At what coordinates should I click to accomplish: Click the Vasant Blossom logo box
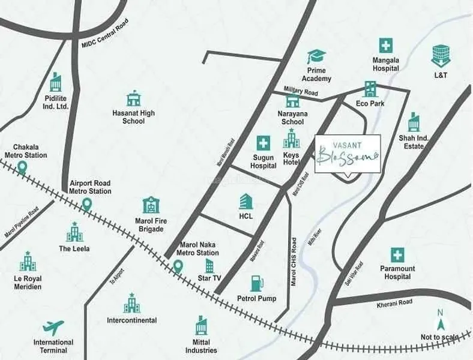click(348, 154)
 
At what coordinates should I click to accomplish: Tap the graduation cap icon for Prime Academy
click(316, 57)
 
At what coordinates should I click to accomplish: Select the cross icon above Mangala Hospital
click(385, 46)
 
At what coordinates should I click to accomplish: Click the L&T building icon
click(441, 56)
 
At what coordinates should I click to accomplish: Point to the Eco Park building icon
click(370, 89)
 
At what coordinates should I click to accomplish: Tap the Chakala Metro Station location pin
click(22, 167)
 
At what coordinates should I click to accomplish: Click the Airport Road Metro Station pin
click(86, 204)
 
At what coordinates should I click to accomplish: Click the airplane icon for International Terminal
click(53, 328)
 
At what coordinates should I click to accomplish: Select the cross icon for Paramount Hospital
click(397, 255)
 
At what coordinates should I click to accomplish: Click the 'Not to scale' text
click(439, 337)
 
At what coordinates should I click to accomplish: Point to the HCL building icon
click(246, 202)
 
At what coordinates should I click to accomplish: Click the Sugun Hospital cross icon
click(263, 143)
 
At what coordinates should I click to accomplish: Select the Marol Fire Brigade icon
click(151, 206)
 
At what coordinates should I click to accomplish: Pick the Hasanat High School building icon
click(133, 98)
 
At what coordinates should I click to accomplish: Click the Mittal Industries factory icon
click(202, 326)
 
